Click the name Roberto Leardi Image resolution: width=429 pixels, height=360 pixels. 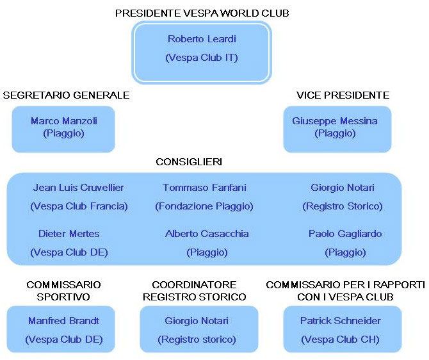(202, 39)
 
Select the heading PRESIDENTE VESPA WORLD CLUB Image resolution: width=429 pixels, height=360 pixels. (202, 13)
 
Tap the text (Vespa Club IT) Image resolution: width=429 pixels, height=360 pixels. (202, 58)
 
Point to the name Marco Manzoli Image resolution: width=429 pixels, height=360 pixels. (64, 120)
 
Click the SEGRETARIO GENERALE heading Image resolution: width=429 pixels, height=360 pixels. (66, 95)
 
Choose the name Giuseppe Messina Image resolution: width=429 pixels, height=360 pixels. (335, 121)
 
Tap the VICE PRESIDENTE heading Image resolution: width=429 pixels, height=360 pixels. (343, 95)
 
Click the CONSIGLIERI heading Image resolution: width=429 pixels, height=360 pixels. (189, 162)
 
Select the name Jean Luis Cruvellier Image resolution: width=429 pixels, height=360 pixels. (79, 188)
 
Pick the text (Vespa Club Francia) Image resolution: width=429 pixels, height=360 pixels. (79, 206)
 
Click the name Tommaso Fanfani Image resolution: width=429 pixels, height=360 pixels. (204, 188)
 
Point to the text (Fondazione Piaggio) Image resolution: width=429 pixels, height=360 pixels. (204, 206)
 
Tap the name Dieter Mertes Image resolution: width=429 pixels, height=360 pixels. (69, 234)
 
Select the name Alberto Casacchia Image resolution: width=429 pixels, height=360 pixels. (207, 234)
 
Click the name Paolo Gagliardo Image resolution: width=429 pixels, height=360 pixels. (345, 234)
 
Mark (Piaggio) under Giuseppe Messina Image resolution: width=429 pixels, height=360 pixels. (335, 134)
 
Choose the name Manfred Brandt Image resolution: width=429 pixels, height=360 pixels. (63, 320)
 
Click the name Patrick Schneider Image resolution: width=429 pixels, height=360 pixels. (341, 320)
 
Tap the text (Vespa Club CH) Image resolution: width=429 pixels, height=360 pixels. (340, 340)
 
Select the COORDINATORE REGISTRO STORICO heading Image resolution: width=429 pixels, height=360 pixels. (194, 291)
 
